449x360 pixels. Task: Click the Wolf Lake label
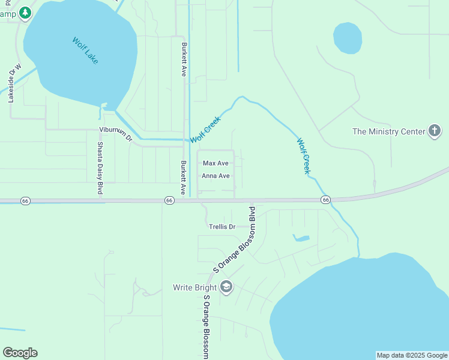85,51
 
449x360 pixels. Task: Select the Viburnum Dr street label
115,134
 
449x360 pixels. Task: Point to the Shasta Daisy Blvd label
100,168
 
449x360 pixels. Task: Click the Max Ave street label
215,163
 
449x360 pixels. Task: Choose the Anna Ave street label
215,176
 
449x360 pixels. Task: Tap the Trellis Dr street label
222,227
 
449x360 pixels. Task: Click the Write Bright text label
194,287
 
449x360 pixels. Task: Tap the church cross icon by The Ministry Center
435,131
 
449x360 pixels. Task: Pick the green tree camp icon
25,13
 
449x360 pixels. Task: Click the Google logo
20,353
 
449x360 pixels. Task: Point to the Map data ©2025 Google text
412,355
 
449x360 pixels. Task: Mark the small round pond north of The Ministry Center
348,38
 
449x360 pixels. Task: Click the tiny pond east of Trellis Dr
301,238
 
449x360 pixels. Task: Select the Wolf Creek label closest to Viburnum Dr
206,129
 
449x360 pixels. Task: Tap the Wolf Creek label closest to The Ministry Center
304,156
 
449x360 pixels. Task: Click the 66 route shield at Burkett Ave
169,200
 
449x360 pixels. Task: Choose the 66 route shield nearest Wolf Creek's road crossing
325,199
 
